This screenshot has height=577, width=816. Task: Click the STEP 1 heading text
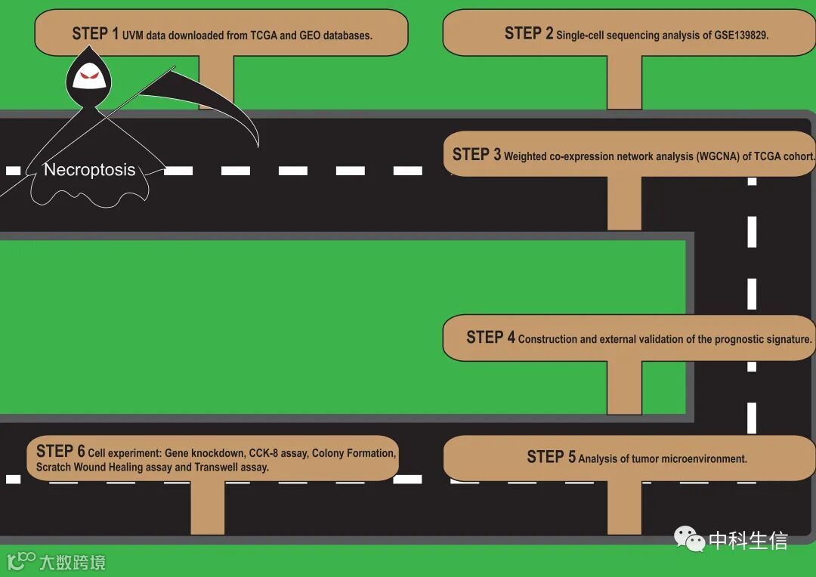(95, 33)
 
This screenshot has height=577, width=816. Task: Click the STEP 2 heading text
(528, 33)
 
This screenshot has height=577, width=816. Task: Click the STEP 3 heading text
(476, 155)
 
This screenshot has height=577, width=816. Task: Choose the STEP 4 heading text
(490, 338)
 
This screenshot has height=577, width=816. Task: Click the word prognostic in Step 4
(726, 340)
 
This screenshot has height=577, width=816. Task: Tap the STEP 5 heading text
(551, 457)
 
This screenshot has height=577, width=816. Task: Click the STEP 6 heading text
(60, 452)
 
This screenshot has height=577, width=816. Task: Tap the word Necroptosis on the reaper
(89, 170)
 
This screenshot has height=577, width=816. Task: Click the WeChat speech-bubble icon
(689, 539)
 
